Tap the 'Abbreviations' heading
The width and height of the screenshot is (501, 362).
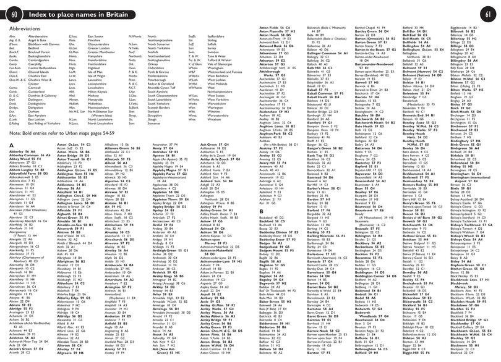[27, 29]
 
